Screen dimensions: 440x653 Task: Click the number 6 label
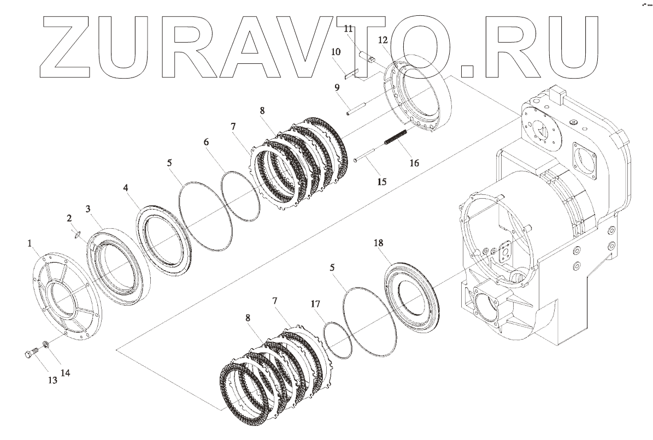coord(206,142)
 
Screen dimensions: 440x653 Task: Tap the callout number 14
coord(65,373)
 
